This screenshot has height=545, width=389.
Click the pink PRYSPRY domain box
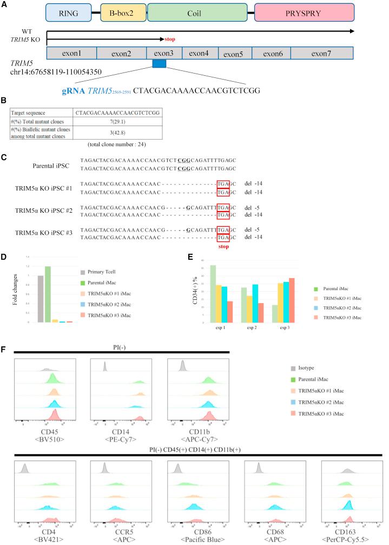click(x=304, y=12)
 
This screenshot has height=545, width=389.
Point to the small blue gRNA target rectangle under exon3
click(x=159, y=64)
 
